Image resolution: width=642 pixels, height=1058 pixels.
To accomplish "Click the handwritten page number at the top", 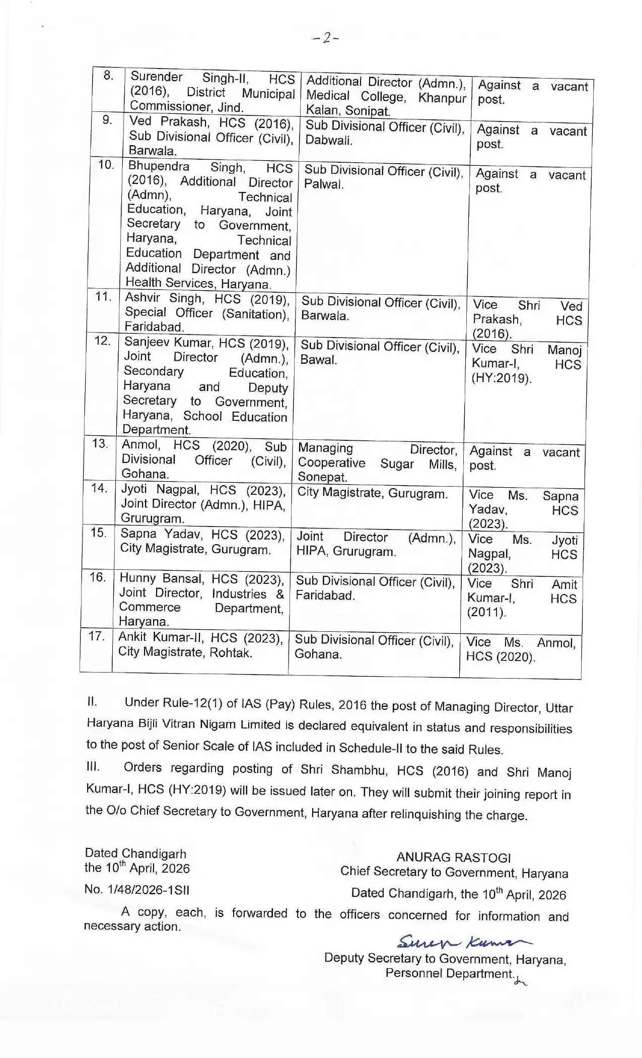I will pyautogui.click(x=326, y=38).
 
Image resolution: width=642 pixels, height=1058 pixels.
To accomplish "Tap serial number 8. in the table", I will pyautogui.click(x=108, y=76).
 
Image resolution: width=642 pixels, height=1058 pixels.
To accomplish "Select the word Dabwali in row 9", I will pyautogui.click(x=328, y=141).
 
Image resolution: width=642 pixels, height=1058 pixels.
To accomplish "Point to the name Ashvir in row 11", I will pyautogui.click(x=142, y=298).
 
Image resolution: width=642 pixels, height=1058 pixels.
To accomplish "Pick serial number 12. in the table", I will pyautogui.click(x=102, y=341).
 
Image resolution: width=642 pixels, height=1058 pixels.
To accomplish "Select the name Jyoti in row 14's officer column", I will pyautogui.click(x=134, y=489).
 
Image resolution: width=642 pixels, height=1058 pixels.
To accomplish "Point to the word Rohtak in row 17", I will pyautogui.click(x=230, y=652).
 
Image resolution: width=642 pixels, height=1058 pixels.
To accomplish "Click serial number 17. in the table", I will pyautogui.click(x=96, y=636).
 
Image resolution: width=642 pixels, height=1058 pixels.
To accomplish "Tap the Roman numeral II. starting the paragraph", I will pyautogui.click(x=92, y=701).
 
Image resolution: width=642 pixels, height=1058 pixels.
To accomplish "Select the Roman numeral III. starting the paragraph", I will pyautogui.click(x=93, y=766).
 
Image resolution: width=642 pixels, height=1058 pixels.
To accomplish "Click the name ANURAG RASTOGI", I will pyautogui.click(x=453, y=857).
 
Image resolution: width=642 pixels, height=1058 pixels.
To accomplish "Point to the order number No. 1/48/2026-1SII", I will pyautogui.click(x=137, y=889).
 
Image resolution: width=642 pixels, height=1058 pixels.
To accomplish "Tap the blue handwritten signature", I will pyautogui.click(x=463, y=941).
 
